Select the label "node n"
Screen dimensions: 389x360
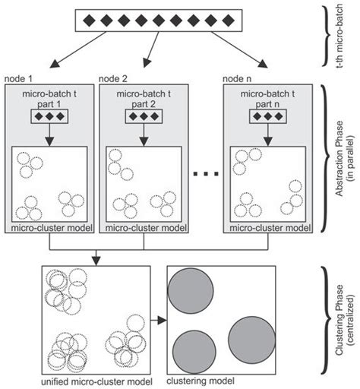236,78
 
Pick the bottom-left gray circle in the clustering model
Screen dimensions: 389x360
193,353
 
